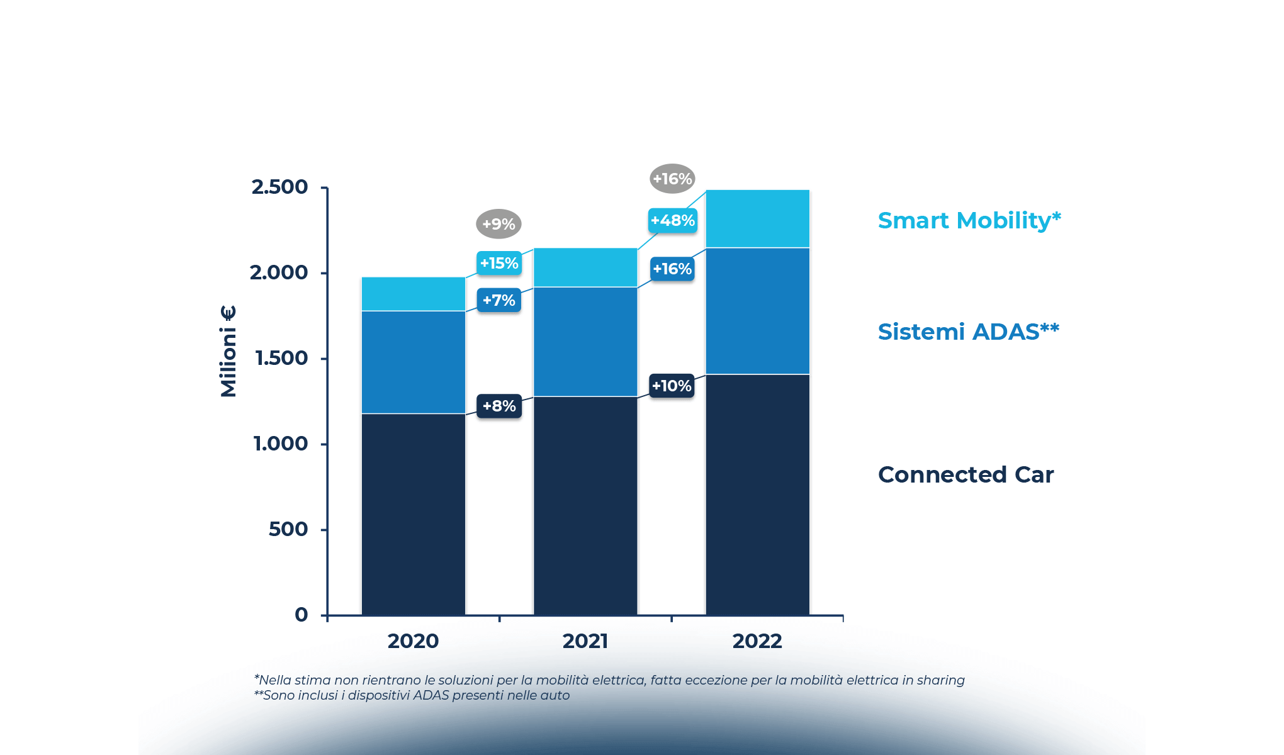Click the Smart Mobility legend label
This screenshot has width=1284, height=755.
969,221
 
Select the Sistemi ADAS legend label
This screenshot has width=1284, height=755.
968,332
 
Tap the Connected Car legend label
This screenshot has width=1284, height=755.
966,474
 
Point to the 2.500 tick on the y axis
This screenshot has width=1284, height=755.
280,187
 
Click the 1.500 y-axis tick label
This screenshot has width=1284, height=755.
281,358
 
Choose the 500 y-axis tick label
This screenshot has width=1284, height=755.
288,529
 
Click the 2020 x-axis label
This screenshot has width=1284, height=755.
413,641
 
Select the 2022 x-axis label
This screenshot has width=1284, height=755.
757,641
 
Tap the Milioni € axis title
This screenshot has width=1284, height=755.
228,351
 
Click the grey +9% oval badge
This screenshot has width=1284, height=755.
498,224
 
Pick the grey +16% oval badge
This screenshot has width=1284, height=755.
672,179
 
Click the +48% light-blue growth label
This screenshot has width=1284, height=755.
673,221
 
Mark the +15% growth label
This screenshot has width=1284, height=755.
499,263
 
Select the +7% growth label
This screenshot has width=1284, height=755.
499,300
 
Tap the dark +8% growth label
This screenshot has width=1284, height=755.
499,406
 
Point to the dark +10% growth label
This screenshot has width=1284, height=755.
672,386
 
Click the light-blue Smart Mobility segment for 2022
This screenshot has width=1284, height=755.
757,218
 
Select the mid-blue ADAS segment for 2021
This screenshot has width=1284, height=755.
585,342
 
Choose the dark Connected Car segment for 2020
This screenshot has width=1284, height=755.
413,514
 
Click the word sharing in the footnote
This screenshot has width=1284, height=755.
940,680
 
